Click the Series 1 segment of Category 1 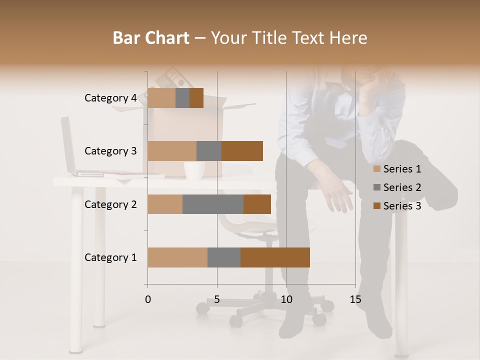(177, 257)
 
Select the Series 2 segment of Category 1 (224, 257)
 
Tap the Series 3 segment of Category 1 (275, 257)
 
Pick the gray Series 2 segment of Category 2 (213, 204)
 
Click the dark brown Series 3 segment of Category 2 (257, 204)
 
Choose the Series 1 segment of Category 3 (172, 151)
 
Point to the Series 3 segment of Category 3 (242, 151)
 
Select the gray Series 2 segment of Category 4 (182, 98)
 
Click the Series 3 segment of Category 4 (196, 98)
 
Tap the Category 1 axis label (110, 257)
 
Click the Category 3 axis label (110, 151)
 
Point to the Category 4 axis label (110, 98)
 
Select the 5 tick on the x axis (217, 300)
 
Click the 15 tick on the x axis (355, 300)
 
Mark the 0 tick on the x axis (148, 300)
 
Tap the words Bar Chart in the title (151, 38)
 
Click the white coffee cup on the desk (194, 170)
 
